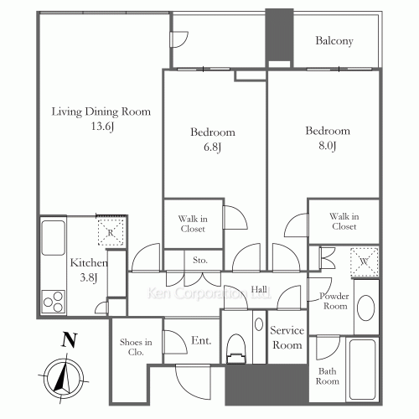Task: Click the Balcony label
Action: pyautogui.click(x=334, y=41)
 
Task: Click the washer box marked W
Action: pyautogui.click(x=365, y=260)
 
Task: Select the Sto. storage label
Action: pyautogui.click(x=200, y=261)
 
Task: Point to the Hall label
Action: pyautogui.click(x=260, y=290)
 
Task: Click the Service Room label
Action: pyautogui.click(x=286, y=338)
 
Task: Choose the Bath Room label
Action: pyautogui.click(x=327, y=375)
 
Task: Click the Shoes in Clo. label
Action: pyautogui.click(x=136, y=346)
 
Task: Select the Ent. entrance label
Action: pyautogui.click(x=201, y=341)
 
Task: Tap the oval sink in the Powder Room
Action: pyautogui.click(x=365, y=308)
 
